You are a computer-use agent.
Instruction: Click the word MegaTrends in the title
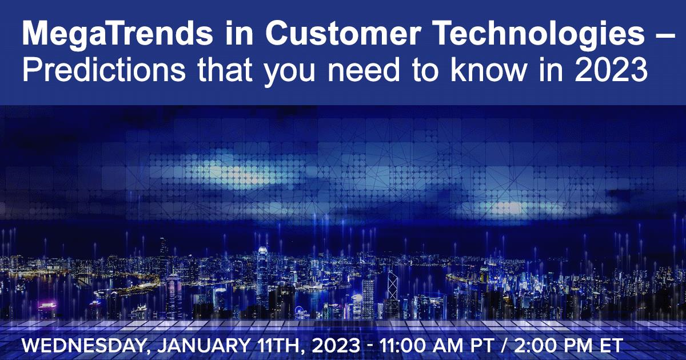click(118, 34)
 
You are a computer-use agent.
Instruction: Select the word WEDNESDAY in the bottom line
click(82, 346)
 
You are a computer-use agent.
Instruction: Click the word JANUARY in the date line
click(203, 346)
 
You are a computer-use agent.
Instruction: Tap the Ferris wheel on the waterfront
click(302, 311)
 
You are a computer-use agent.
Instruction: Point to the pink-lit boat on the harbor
click(47, 306)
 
